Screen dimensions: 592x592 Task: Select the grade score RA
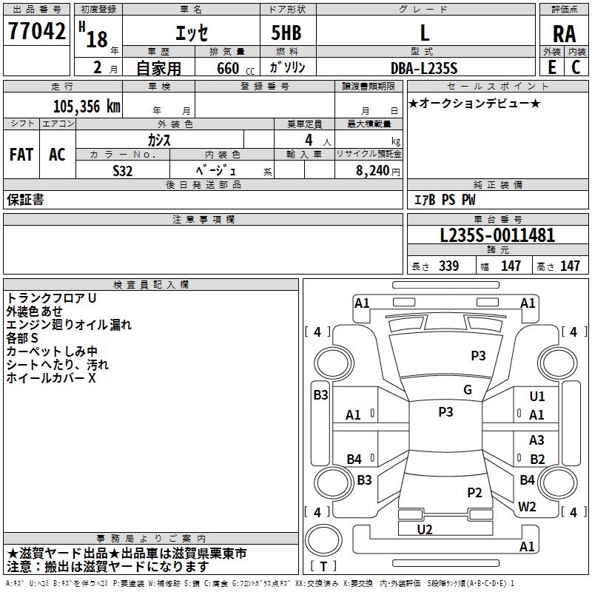coord(564,34)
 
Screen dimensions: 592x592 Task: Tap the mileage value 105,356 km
coord(87,106)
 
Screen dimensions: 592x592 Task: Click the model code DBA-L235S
coord(423,68)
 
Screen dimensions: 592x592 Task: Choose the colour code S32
coord(123,170)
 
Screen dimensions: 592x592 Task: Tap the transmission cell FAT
coord(21,155)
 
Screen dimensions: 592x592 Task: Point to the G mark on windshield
coord(468,390)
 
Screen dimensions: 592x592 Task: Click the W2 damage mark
coord(527,506)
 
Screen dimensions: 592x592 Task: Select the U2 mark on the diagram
coord(425,529)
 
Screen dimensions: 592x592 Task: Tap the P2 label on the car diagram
coord(475,492)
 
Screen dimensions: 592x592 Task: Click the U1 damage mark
coord(537,397)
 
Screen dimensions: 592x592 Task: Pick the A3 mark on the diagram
coord(537,440)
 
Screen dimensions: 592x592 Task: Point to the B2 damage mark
coord(537,460)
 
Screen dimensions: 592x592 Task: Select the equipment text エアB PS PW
coord(444,200)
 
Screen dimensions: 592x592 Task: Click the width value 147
coord(511,266)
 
